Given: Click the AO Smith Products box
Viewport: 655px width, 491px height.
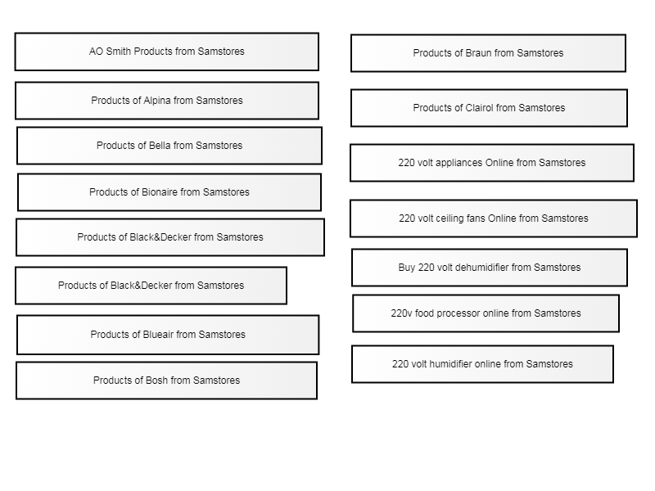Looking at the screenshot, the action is pos(167,52).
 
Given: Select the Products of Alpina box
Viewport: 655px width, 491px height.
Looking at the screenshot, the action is pos(167,101).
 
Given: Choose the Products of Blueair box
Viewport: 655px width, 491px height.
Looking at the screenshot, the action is pos(168,335).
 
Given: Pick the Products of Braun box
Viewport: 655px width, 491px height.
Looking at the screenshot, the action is pos(488,53).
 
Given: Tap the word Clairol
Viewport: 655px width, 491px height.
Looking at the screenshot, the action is pos(479,108).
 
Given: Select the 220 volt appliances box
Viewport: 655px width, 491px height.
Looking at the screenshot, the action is pos(492,163).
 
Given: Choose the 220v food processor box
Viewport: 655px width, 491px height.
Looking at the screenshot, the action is pos(486,313).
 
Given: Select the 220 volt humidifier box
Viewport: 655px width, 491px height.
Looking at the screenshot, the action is pos(482,364).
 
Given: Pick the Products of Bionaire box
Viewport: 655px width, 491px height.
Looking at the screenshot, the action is pos(169,192).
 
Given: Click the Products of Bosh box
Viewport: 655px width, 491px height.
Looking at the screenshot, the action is pos(167,381).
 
